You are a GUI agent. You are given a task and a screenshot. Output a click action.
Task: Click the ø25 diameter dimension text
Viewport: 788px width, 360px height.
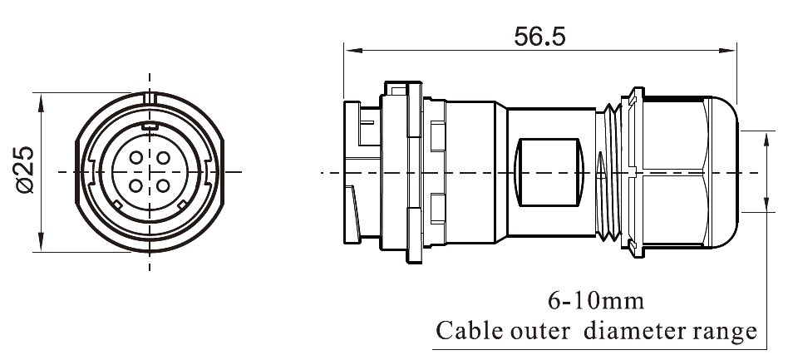[x=24, y=171]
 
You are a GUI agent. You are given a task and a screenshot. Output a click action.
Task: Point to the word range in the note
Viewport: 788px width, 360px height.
[x=722, y=332]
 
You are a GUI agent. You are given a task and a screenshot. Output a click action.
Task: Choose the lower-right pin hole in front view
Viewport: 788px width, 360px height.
[x=162, y=184]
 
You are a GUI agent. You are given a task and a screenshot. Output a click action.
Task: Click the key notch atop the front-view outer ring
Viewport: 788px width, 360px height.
[x=150, y=100]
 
